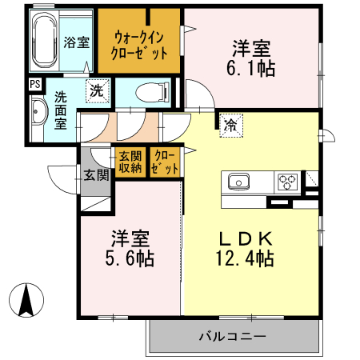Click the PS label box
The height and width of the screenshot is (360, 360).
[35, 83]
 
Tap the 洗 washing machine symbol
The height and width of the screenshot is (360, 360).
[96, 91]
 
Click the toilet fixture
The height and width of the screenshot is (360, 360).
[151, 93]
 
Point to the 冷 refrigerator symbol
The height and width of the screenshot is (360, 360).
[230, 126]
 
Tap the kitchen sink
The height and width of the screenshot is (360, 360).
[238, 182]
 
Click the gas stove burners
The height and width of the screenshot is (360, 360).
[289, 182]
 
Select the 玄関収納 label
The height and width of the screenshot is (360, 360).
[130, 162]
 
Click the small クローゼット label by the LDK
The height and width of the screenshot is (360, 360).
[165, 162]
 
